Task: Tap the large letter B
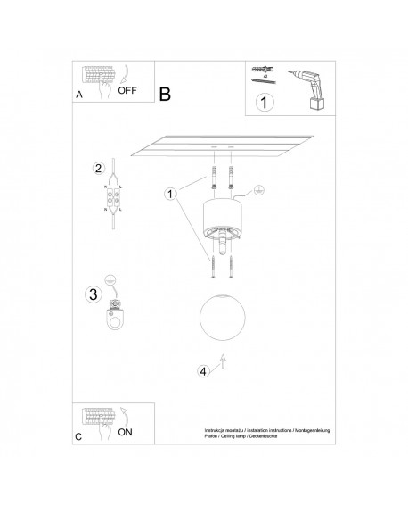166,93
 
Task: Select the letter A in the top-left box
80,93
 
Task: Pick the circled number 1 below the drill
262,103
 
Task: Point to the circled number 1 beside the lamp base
170,192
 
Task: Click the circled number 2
100,169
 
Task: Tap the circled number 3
92,294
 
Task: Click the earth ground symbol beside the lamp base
257,189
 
